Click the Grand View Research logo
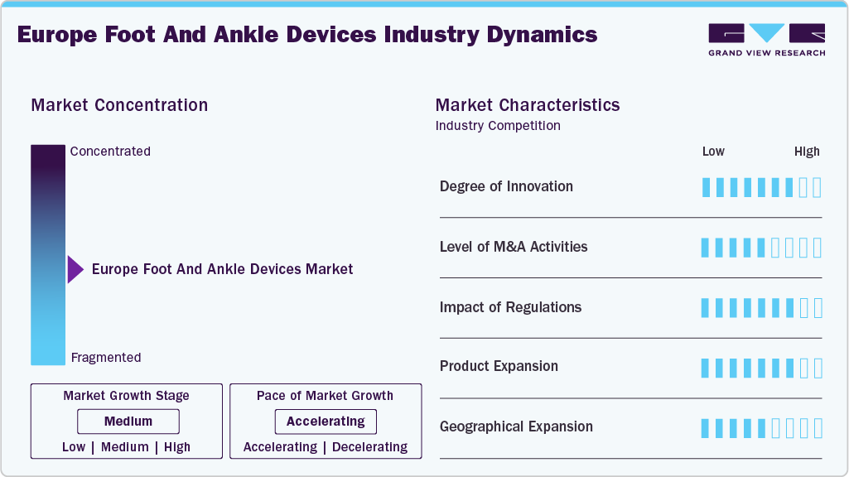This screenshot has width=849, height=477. pos(766,39)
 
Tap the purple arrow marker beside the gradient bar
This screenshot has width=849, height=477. pos(75,269)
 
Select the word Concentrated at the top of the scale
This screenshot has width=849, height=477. pos(110,152)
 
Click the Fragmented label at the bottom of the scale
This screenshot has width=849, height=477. pos(106,358)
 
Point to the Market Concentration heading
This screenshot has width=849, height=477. pos(119,105)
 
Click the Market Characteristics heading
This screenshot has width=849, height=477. pos(527,105)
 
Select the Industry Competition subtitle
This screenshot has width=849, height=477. pos(498,126)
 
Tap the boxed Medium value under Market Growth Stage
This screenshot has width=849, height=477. pos(128,422)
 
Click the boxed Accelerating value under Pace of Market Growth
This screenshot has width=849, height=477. pos(326,422)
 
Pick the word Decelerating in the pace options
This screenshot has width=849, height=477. pos(369,447)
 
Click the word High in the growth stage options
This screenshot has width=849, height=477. pos(177,447)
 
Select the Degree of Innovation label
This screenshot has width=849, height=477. pos(506,186)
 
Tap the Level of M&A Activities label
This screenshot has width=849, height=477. pos(514,247)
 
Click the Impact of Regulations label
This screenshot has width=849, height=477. pos(510,307)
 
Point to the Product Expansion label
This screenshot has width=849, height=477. pos(499,366)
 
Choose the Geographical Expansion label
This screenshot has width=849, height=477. pos(516,426)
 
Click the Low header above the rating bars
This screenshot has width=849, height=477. pos(713,152)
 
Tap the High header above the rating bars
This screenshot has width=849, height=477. pos(807,152)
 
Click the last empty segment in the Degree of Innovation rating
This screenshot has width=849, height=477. pos(818,187)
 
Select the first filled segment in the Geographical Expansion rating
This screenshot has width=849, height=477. pos(706,428)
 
